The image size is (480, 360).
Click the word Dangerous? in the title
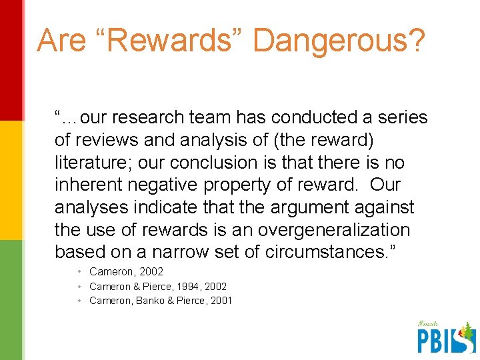tap(338, 41)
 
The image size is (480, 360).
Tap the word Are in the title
tap(61, 40)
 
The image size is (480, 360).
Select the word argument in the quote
tap(316, 207)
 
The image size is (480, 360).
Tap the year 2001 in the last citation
tap(221, 301)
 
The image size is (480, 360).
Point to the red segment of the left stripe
tap(11, 60)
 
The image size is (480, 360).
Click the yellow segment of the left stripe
tap(11, 180)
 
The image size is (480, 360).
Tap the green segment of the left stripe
tap(11, 300)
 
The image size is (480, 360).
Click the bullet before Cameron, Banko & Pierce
tap(79, 301)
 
